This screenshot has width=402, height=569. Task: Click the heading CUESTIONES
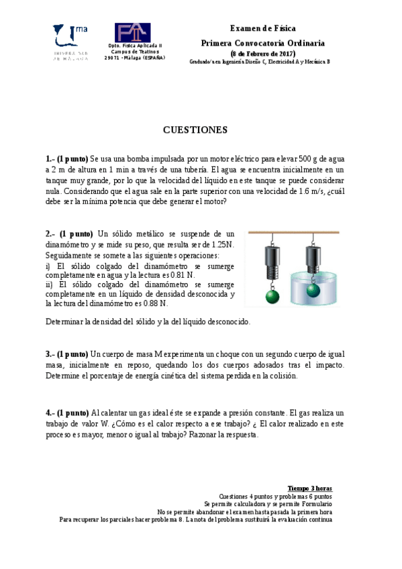point(195,130)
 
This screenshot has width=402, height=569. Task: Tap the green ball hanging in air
point(271,296)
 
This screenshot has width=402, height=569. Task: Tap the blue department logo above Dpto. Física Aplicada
point(132,33)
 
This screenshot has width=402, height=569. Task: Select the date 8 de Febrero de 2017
point(263,53)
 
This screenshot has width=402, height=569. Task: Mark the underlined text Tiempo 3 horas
point(309,488)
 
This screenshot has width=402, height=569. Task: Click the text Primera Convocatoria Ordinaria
point(262,42)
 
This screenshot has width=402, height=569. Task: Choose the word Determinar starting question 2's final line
point(65,321)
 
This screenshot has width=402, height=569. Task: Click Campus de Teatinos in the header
point(134,52)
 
